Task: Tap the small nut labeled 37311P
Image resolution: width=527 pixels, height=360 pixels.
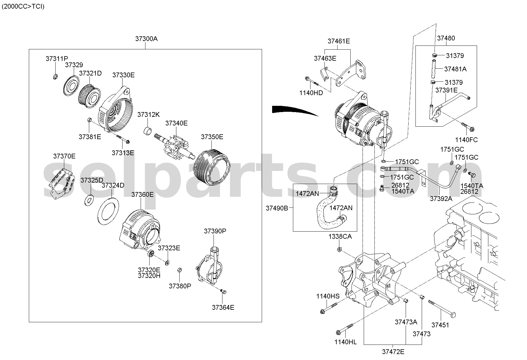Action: [55, 77]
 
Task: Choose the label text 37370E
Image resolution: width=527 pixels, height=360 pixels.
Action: [64, 156]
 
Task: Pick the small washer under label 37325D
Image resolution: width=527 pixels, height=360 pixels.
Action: [89, 200]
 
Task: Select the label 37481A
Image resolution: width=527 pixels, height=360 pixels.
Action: [455, 69]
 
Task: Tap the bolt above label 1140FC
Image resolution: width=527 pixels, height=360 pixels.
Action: [468, 126]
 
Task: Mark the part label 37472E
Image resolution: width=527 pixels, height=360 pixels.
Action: [393, 352]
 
